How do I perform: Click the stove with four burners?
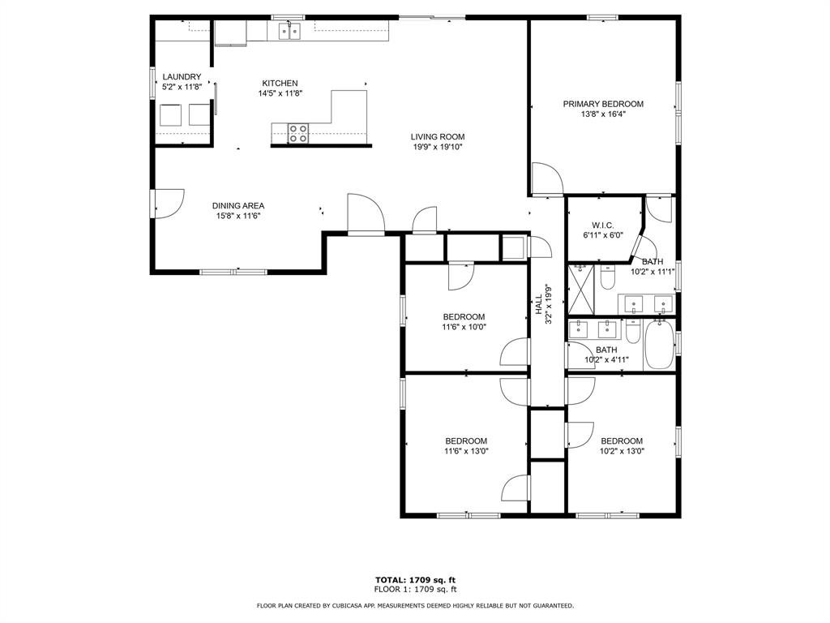tap(298, 133)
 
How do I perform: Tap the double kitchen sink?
tap(289, 32)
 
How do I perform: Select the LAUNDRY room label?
tap(182, 77)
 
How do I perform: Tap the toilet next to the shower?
tap(608, 276)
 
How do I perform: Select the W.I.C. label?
tap(603, 225)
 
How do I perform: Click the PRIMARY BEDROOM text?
tap(603, 104)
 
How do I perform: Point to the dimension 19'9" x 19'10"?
tap(438, 147)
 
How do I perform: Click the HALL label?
tap(538, 304)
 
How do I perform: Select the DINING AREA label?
tap(238, 206)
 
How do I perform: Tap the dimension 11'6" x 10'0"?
tap(464, 327)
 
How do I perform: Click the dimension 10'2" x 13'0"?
tap(622, 452)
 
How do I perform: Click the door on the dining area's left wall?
tap(167, 203)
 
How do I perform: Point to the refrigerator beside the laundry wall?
tap(230, 33)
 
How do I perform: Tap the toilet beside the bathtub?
tap(634, 333)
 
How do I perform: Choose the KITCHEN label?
tap(280, 83)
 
